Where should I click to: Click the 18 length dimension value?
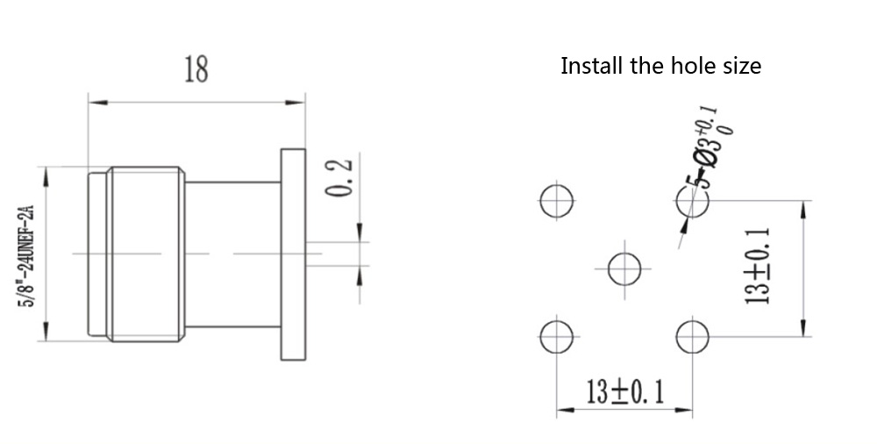(196, 68)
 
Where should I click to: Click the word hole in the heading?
(695, 66)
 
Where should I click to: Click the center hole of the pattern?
(624, 267)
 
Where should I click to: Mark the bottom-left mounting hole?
(556, 335)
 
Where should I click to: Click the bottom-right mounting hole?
(693, 335)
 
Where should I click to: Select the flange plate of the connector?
(291, 254)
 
